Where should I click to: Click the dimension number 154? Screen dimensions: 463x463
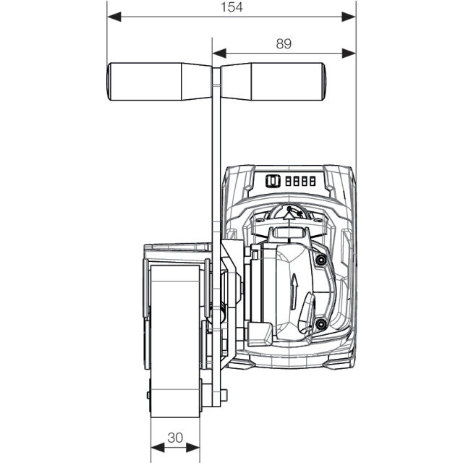click(231, 7)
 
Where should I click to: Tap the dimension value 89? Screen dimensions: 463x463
click(284, 43)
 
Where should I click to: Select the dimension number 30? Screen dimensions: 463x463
click(175, 438)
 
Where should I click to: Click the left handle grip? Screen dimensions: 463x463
click(159, 82)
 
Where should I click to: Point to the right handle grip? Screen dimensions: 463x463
click(273, 82)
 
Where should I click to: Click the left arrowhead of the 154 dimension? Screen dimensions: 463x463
click(114, 17)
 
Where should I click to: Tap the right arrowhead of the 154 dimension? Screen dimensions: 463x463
click(349, 17)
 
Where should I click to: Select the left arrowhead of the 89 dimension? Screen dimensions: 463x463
click(219, 54)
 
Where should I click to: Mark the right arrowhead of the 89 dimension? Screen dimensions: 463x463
click(349, 54)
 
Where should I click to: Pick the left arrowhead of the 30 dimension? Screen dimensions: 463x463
click(158, 448)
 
